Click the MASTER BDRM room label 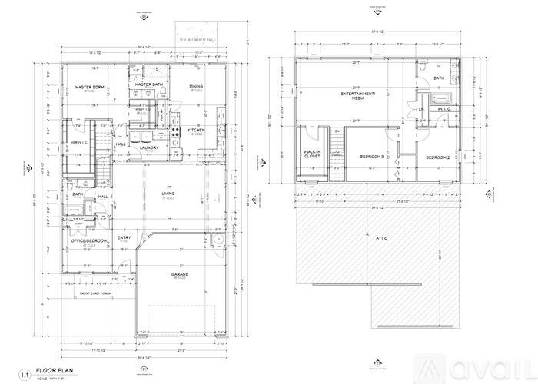tap(89, 87)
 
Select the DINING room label tap(197, 86)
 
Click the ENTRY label tap(125, 237)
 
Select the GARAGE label tap(181, 273)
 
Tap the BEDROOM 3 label tap(371, 157)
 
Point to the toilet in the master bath tap(163, 94)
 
